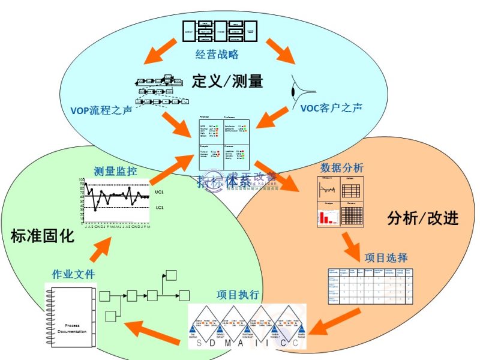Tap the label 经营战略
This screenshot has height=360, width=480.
pyautogui.click(x=217, y=55)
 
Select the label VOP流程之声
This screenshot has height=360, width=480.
pyautogui.click(x=101, y=111)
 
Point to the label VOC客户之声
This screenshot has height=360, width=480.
pyautogui.click(x=331, y=109)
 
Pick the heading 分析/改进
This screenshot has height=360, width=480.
pyautogui.click(x=424, y=217)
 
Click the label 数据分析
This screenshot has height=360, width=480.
pyautogui.click(x=341, y=167)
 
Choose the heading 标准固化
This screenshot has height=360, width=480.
pyautogui.click(x=43, y=236)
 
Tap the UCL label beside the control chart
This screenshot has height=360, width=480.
pyautogui.click(x=159, y=193)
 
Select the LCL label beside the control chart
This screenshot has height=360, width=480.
pyautogui.click(x=159, y=208)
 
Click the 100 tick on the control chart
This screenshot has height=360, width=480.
pyautogui.click(x=81, y=180)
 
